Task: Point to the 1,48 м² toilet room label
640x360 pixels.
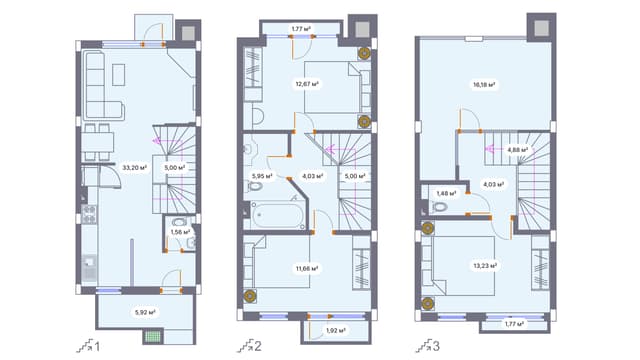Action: (445, 193)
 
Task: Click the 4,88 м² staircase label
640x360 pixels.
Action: (517, 151)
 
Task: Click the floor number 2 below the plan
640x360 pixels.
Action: (258, 347)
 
